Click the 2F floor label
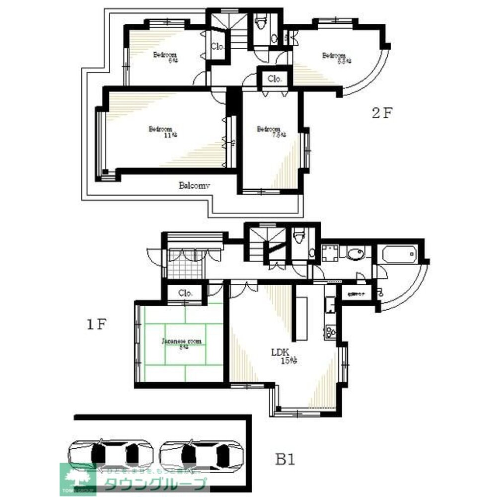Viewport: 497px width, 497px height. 382,113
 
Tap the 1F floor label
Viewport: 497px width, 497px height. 96,325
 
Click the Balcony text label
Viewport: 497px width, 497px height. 195,185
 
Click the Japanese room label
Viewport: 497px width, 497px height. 182,341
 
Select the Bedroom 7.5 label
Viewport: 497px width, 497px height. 269,130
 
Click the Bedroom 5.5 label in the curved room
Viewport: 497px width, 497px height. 335,56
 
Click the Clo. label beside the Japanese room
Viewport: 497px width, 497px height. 185,293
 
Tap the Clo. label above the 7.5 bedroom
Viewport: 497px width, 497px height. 275,79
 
